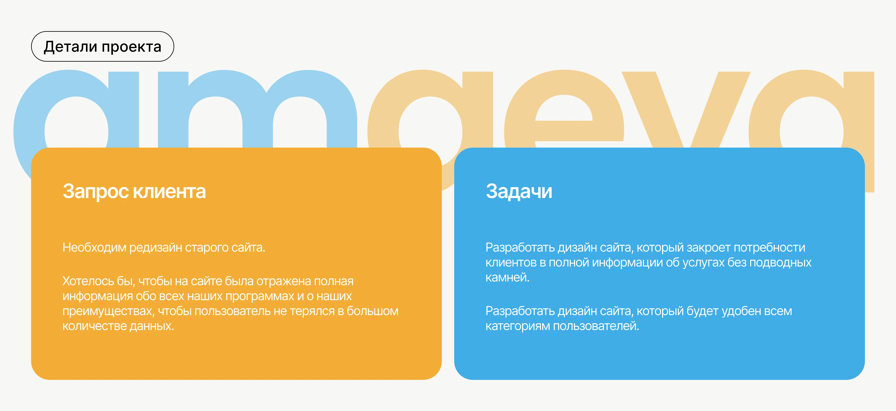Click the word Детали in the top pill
click(x=70, y=47)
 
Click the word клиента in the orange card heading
click(x=169, y=191)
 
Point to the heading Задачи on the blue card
click(x=519, y=191)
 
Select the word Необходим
click(x=94, y=248)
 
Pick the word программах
click(x=260, y=296)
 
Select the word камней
click(x=507, y=277)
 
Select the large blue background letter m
click(x=257, y=104)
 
